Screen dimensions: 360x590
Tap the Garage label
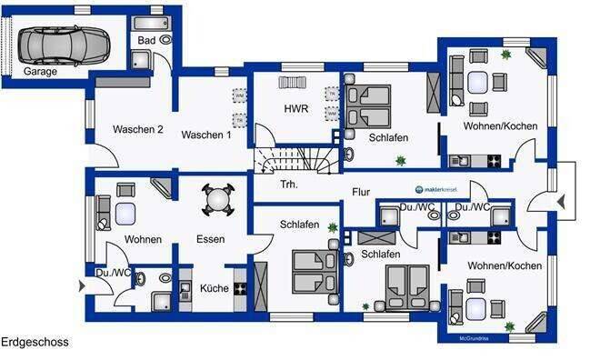40,71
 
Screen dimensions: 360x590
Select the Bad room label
146,41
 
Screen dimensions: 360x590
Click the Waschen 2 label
137,130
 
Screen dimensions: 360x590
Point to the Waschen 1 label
205,135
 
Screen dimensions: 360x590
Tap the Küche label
215,288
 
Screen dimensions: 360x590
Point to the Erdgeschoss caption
35,343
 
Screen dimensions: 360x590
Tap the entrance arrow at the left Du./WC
84,285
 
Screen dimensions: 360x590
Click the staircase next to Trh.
289,161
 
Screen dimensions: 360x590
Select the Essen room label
210,240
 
